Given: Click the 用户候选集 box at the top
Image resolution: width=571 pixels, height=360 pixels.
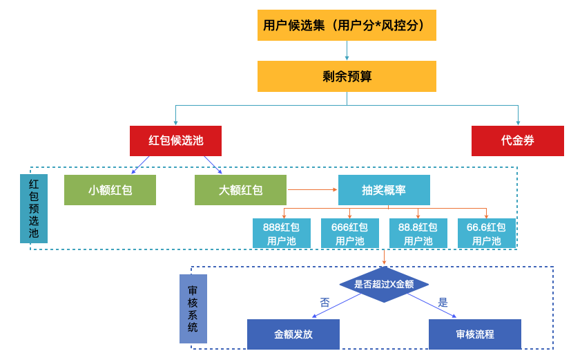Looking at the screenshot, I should coord(347,26).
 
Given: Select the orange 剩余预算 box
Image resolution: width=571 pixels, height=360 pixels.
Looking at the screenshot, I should coord(347,76).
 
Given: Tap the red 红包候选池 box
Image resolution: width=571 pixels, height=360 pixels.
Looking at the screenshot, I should coord(175,140).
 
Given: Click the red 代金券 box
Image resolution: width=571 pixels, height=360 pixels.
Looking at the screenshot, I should coord(517,140).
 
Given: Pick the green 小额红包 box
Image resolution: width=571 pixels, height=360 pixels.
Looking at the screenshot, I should coord(110,190).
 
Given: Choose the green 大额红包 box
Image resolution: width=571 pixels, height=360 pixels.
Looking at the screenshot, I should coord(240,190).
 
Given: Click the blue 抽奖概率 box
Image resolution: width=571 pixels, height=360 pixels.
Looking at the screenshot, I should coord(384,190).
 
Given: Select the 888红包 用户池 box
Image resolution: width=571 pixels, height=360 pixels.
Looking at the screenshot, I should coord(281,234).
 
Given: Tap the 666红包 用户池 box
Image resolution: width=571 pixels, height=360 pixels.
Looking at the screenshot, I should coord(349,234).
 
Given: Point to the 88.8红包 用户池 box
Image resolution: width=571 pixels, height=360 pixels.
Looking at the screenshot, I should coord(418,234).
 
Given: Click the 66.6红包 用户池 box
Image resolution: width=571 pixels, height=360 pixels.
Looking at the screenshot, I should coord(486,234).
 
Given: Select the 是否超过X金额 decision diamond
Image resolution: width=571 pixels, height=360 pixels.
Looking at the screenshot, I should coord(384,284).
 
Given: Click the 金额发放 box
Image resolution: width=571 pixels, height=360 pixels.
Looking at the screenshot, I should coord(293,334).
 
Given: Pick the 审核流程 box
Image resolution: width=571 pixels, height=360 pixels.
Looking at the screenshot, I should coord(475,334).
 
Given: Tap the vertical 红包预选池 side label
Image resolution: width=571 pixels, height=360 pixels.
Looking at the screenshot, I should coord(34,209).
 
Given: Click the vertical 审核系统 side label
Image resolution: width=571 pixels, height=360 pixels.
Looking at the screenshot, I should coord(193,309).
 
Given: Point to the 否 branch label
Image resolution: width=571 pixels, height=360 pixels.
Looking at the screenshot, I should coord(325,302).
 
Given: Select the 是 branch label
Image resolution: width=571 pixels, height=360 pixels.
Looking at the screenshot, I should coord(443,302).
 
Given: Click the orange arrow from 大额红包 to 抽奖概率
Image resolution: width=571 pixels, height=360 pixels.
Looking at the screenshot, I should coord(312,189).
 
